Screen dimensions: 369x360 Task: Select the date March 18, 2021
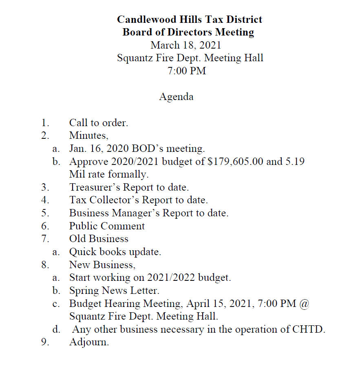(x=186, y=45)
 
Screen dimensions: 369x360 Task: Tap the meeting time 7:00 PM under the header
(x=187, y=71)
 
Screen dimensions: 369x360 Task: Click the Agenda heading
(x=176, y=97)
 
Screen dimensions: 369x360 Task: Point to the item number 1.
(x=45, y=122)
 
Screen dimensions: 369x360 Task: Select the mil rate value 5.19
(x=295, y=161)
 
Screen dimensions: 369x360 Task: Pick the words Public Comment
(x=107, y=226)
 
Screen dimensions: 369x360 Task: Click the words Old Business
(x=99, y=239)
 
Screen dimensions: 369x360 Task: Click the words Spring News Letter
(x=114, y=291)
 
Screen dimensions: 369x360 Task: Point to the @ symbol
(x=305, y=304)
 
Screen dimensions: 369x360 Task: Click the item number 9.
(x=45, y=342)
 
